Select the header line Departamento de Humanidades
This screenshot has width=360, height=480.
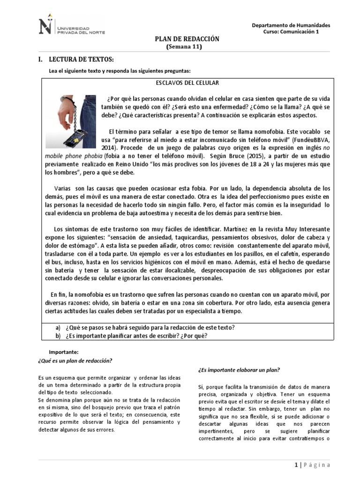[x=291, y=25]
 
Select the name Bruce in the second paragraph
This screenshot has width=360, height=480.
[x=238, y=156]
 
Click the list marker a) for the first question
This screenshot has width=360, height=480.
[x=58, y=327]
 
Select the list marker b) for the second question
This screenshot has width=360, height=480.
[x=58, y=336]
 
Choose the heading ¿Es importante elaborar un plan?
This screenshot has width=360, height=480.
[x=239, y=370]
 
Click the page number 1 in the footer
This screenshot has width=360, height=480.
[x=296, y=465]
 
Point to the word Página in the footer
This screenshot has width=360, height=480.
[x=317, y=465]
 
